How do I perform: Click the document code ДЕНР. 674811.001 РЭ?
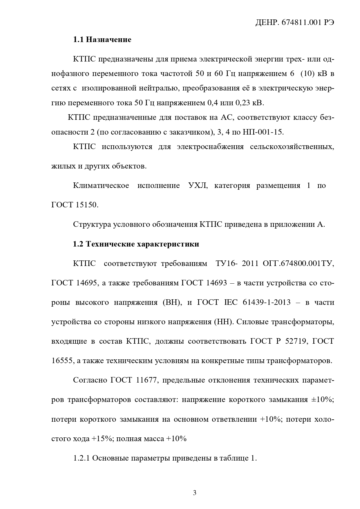coord(294,23)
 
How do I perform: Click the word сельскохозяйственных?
coord(292,147)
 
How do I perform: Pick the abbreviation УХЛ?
coord(198,186)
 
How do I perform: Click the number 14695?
coord(86,283)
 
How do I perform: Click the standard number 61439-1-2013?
coord(268,302)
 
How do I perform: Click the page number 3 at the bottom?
coord(195,493)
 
